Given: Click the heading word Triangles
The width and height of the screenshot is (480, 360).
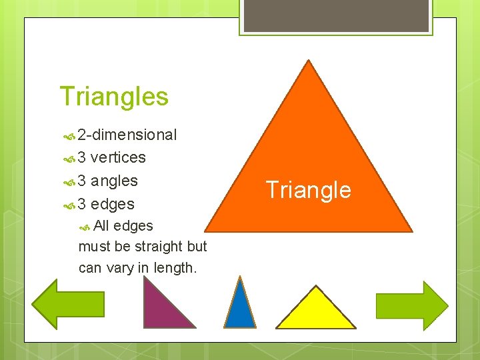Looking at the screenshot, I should click(114, 97).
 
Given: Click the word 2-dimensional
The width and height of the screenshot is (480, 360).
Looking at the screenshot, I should click(127, 135).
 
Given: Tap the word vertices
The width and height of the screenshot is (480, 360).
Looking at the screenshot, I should click(118, 158).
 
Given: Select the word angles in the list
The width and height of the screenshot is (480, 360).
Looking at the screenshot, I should click(114, 181).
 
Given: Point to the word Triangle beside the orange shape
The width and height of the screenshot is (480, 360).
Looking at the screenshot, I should click(308, 190).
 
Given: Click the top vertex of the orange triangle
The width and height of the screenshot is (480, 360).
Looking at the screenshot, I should click(308, 62).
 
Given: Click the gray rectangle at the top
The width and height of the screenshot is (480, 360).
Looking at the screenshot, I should click(335, 15).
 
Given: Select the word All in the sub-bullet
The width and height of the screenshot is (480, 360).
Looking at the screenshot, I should click(102, 226).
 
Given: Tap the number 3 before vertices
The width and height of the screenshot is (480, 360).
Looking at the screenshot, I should click(81, 158).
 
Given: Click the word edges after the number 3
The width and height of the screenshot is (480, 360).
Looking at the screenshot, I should click(113, 204).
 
